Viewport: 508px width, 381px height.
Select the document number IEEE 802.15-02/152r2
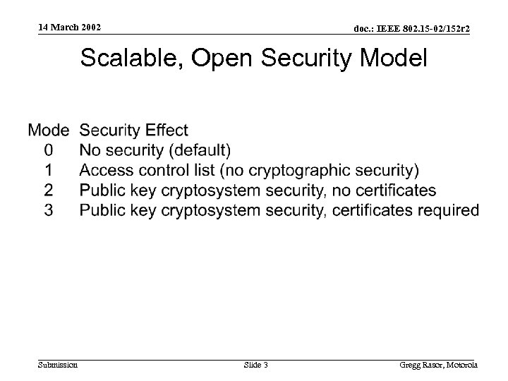[x=412, y=28]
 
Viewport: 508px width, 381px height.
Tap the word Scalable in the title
[x=129, y=59]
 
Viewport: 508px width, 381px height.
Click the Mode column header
[x=48, y=131]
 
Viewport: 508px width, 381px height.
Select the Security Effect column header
[x=134, y=131]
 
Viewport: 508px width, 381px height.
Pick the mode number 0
[x=48, y=150]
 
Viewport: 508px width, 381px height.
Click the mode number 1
[x=48, y=170]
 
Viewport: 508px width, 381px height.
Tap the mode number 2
[x=48, y=190]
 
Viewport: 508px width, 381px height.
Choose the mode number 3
[x=48, y=210]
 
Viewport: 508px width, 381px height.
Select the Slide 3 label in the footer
[x=255, y=365]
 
